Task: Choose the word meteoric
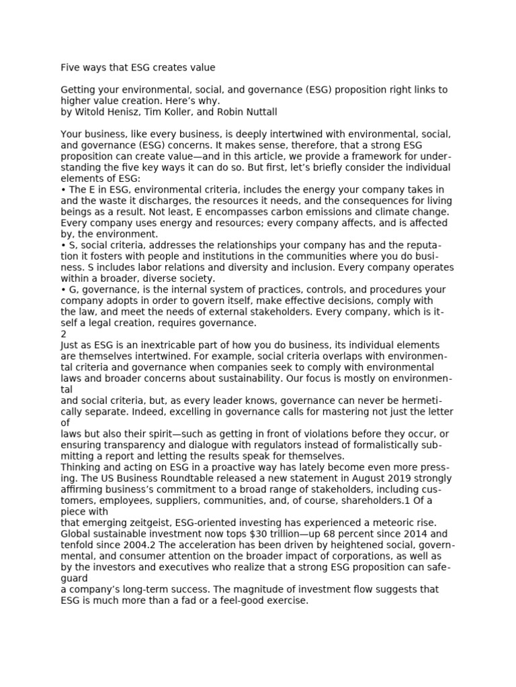point(392,523)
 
